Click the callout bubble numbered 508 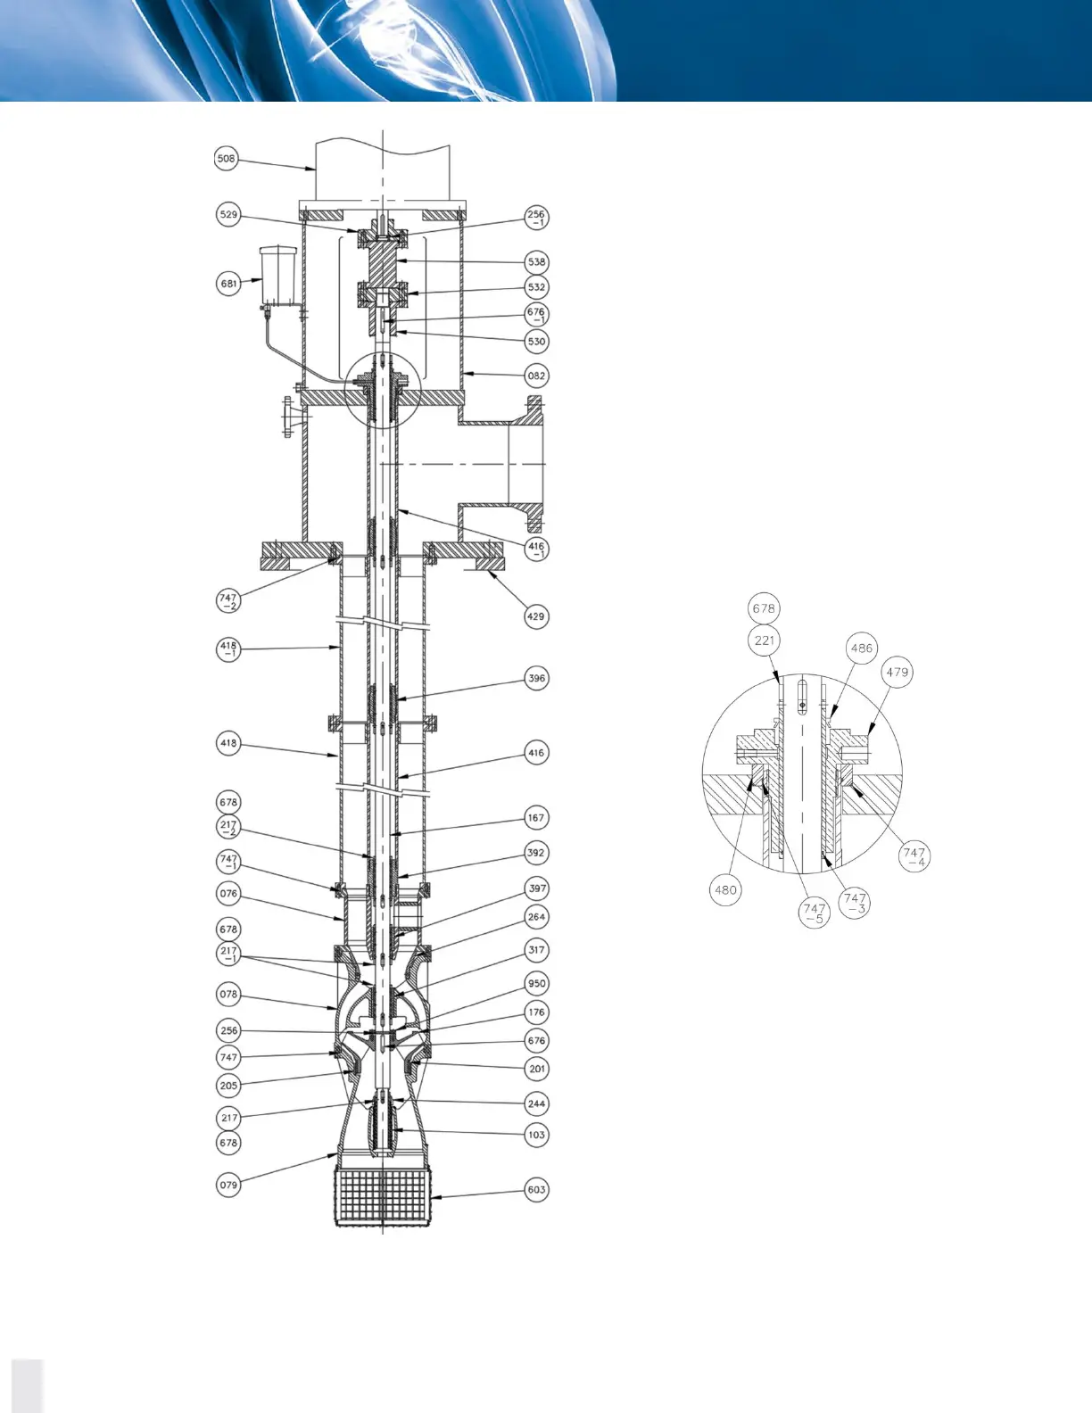pyautogui.click(x=227, y=159)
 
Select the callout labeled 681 pyautogui.click(x=228, y=284)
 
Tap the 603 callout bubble pyautogui.click(x=536, y=1189)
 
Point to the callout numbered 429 pyautogui.click(x=535, y=616)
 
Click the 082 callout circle pyautogui.click(x=536, y=376)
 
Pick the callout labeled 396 pyautogui.click(x=536, y=678)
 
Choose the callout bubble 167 pyautogui.click(x=536, y=817)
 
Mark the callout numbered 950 pyautogui.click(x=536, y=984)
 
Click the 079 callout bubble pyautogui.click(x=228, y=1186)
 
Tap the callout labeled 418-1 pyautogui.click(x=228, y=649)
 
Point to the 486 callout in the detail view pyautogui.click(x=861, y=649)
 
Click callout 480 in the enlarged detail pyautogui.click(x=726, y=889)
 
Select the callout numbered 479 pyautogui.click(x=897, y=672)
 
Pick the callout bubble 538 pyautogui.click(x=536, y=262)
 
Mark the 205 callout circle pyautogui.click(x=228, y=1085)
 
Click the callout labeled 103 pyautogui.click(x=536, y=1135)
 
